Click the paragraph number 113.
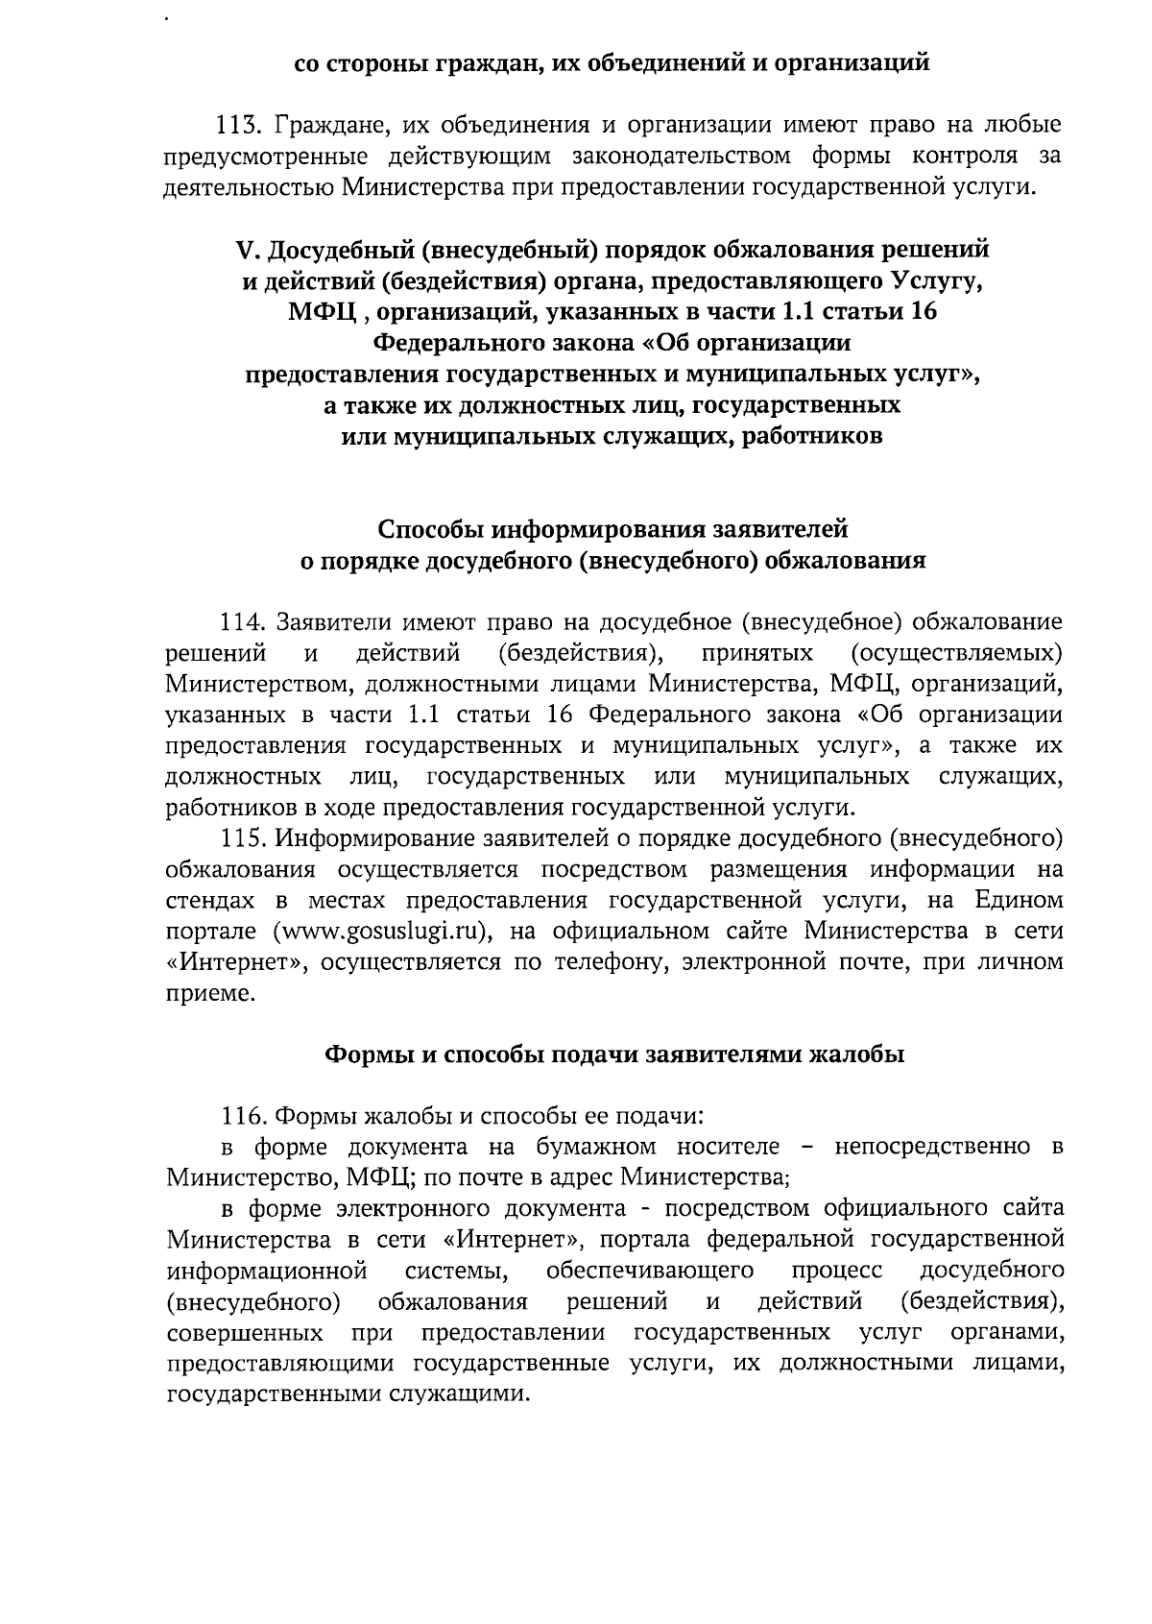coord(240,126)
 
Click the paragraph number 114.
coord(243,623)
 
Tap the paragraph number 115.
coord(243,839)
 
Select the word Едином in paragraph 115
coord(1020,901)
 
